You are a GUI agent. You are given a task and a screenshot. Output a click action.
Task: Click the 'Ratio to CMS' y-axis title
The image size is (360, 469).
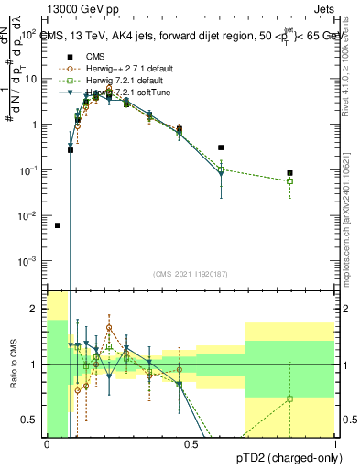coord(15,365)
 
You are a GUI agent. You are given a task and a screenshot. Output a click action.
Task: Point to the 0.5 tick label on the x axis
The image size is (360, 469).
coord(191,445)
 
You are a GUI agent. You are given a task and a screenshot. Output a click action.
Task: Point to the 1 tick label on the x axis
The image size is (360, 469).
coord(334,445)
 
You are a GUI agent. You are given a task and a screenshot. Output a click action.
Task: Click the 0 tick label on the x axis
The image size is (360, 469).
coord(48,445)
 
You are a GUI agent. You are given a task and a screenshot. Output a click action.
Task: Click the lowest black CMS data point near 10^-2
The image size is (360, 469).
coord(58,225)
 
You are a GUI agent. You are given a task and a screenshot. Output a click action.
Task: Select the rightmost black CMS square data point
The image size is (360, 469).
coord(289,173)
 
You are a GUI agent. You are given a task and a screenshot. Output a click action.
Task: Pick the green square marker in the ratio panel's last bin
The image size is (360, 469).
coord(289,398)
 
